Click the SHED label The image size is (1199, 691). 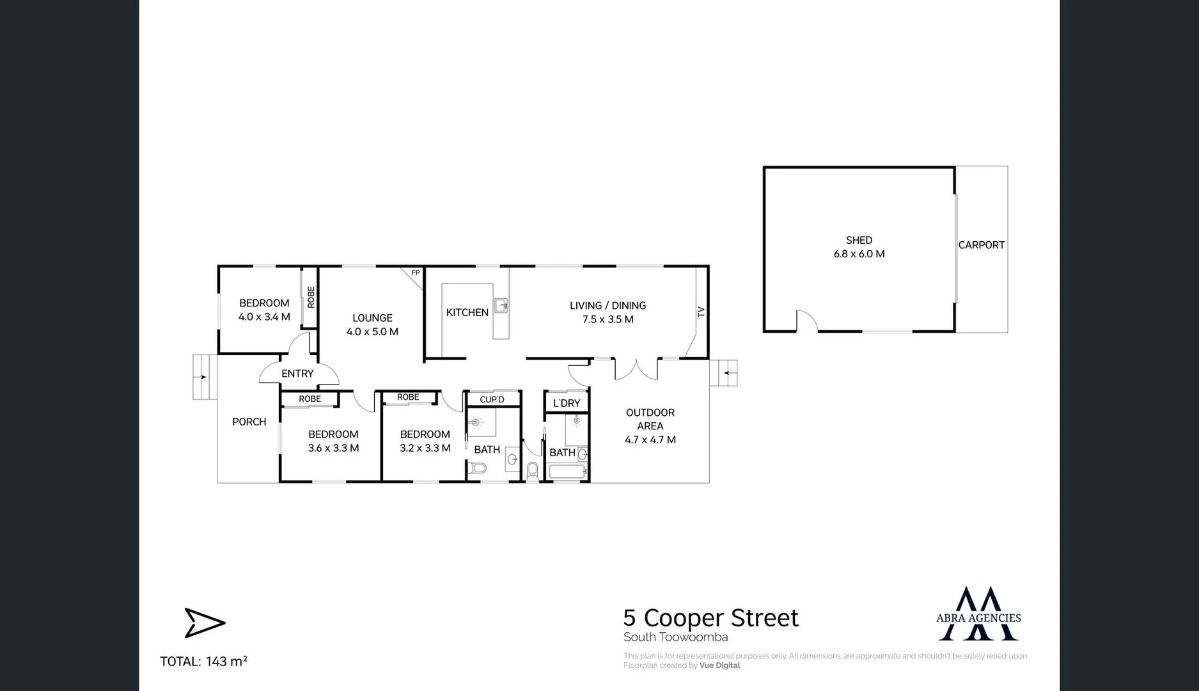pyautogui.click(x=859, y=240)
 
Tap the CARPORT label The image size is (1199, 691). pyautogui.click(x=981, y=244)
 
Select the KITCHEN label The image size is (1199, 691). pyautogui.click(x=467, y=312)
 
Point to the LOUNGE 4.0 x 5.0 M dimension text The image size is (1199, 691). pyautogui.click(x=372, y=331)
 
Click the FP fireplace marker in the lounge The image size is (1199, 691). pyautogui.click(x=415, y=273)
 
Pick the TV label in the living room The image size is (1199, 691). pyautogui.click(x=701, y=312)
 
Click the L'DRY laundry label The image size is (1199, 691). pyautogui.click(x=566, y=403)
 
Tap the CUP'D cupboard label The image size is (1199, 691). pyautogui.click(x=492, y=400)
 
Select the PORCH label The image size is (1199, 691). pyautogui.click(x=249, y=422)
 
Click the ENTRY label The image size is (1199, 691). pyautogui.click(x=297, y=374)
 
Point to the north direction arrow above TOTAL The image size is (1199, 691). pyautogui.click(x=205, y=623)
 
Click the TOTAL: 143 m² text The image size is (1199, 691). pyautogui.click(x=203, y=662)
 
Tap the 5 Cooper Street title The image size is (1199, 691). pyautogui.click(x=710, y=618)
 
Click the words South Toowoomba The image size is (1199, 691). pyautogui.click(x=675, y=637)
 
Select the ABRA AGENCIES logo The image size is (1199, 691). pyautogui.click(x=978, y=614)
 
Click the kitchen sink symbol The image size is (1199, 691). pyautogui.click(x=501, y=305)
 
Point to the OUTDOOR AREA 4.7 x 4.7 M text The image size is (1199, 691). pyautogui.click(x=650, y=426)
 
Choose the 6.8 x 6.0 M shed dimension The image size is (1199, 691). pyautogui.click(x=859, y=254)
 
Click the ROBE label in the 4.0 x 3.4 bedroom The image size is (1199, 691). pyautogui.click(x=311, y=297)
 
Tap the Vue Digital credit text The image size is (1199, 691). pyautogui.click(x=719, y=665)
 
